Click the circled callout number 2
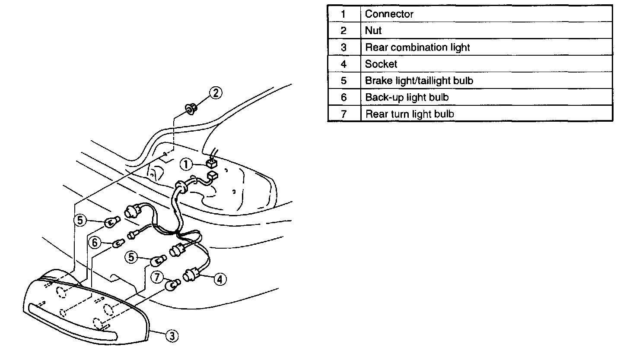click(x=216, y=93)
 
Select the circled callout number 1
click(x=186, y=164)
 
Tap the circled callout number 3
click(x=172, y=335)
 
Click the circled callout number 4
click(x=219, y=279)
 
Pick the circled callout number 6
click(x=95, y=243)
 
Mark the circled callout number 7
click(x=158, y=277)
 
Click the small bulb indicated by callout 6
click(x=118, y=244)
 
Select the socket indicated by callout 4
click(x=191, y=275)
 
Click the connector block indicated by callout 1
click(x=211, y=164)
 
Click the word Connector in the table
click(x=389, y=14)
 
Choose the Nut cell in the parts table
click(x=373, y=31)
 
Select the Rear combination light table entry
click(x=417, y=47)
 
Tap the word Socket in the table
click(x=381, y=64)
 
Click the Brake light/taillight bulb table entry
click(x=419, y=81)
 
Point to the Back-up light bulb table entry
click(x=407, y=98)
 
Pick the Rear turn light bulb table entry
click(x=409, y=114)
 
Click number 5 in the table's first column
click(x=343, y=81)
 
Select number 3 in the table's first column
click(x=343, y=47)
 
